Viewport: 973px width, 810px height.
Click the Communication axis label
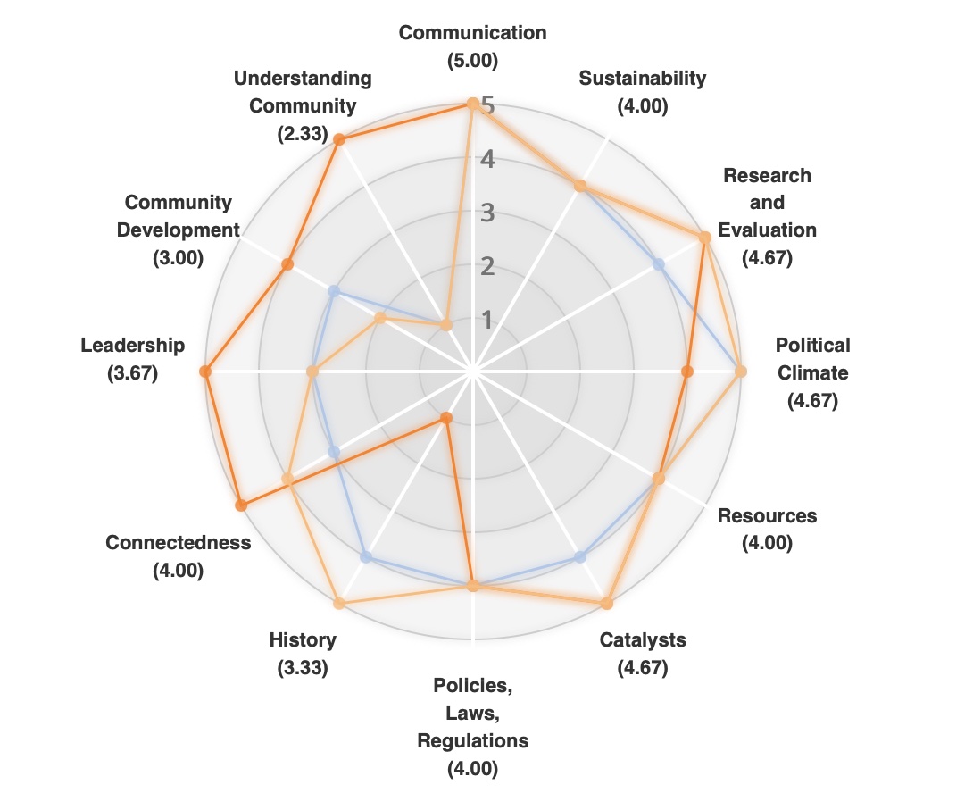[472, 33]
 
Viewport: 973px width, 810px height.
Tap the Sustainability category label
[642, 78]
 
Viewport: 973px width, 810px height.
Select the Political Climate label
[812, 358]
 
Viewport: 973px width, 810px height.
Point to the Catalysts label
[643, 639]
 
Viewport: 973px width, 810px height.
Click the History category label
[303, 639]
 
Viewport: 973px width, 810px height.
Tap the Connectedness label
[179, 542]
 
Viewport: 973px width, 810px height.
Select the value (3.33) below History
[303, 667]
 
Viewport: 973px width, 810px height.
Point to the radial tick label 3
[487, 213]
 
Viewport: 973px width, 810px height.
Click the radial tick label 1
[487, 319]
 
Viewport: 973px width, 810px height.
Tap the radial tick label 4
[487, 160]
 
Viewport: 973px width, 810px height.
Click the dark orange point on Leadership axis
[205, 372]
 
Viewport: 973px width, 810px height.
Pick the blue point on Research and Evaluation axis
[659, 264]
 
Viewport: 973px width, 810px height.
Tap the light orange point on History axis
[338, 604]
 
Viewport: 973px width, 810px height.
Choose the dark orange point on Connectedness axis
[241, 505]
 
